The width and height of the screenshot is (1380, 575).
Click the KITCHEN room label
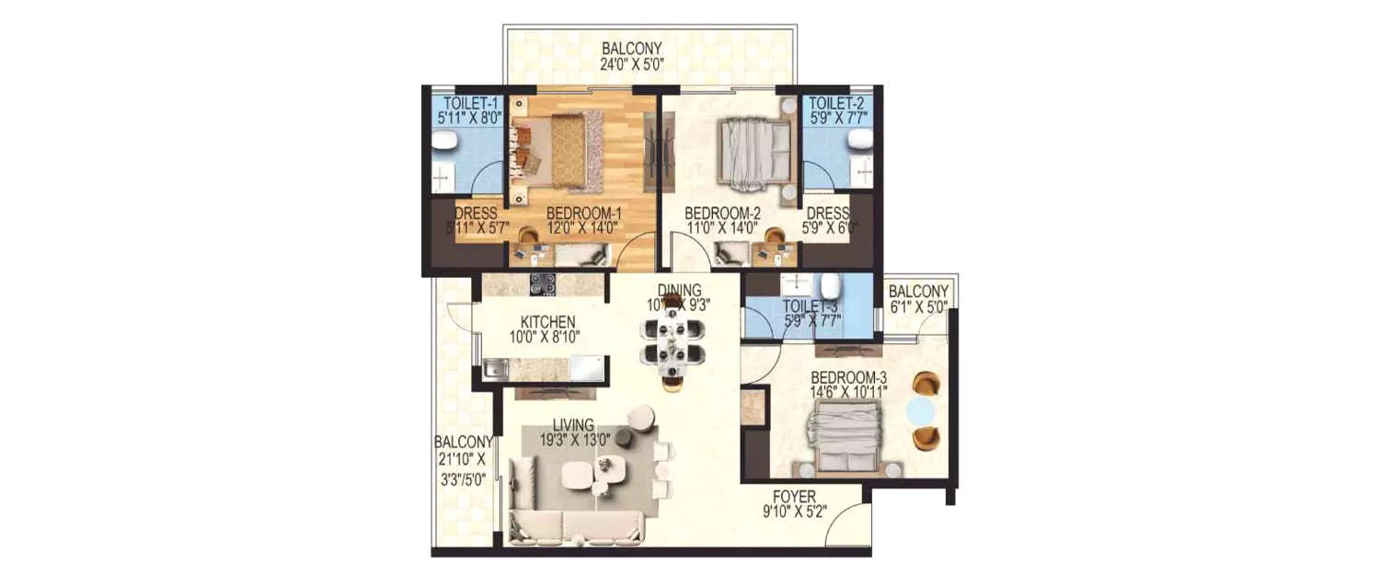click(x=547, y=322)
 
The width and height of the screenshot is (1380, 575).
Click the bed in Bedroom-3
click(x=845, y=440)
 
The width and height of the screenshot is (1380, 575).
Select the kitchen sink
click(x=496, y=371)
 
